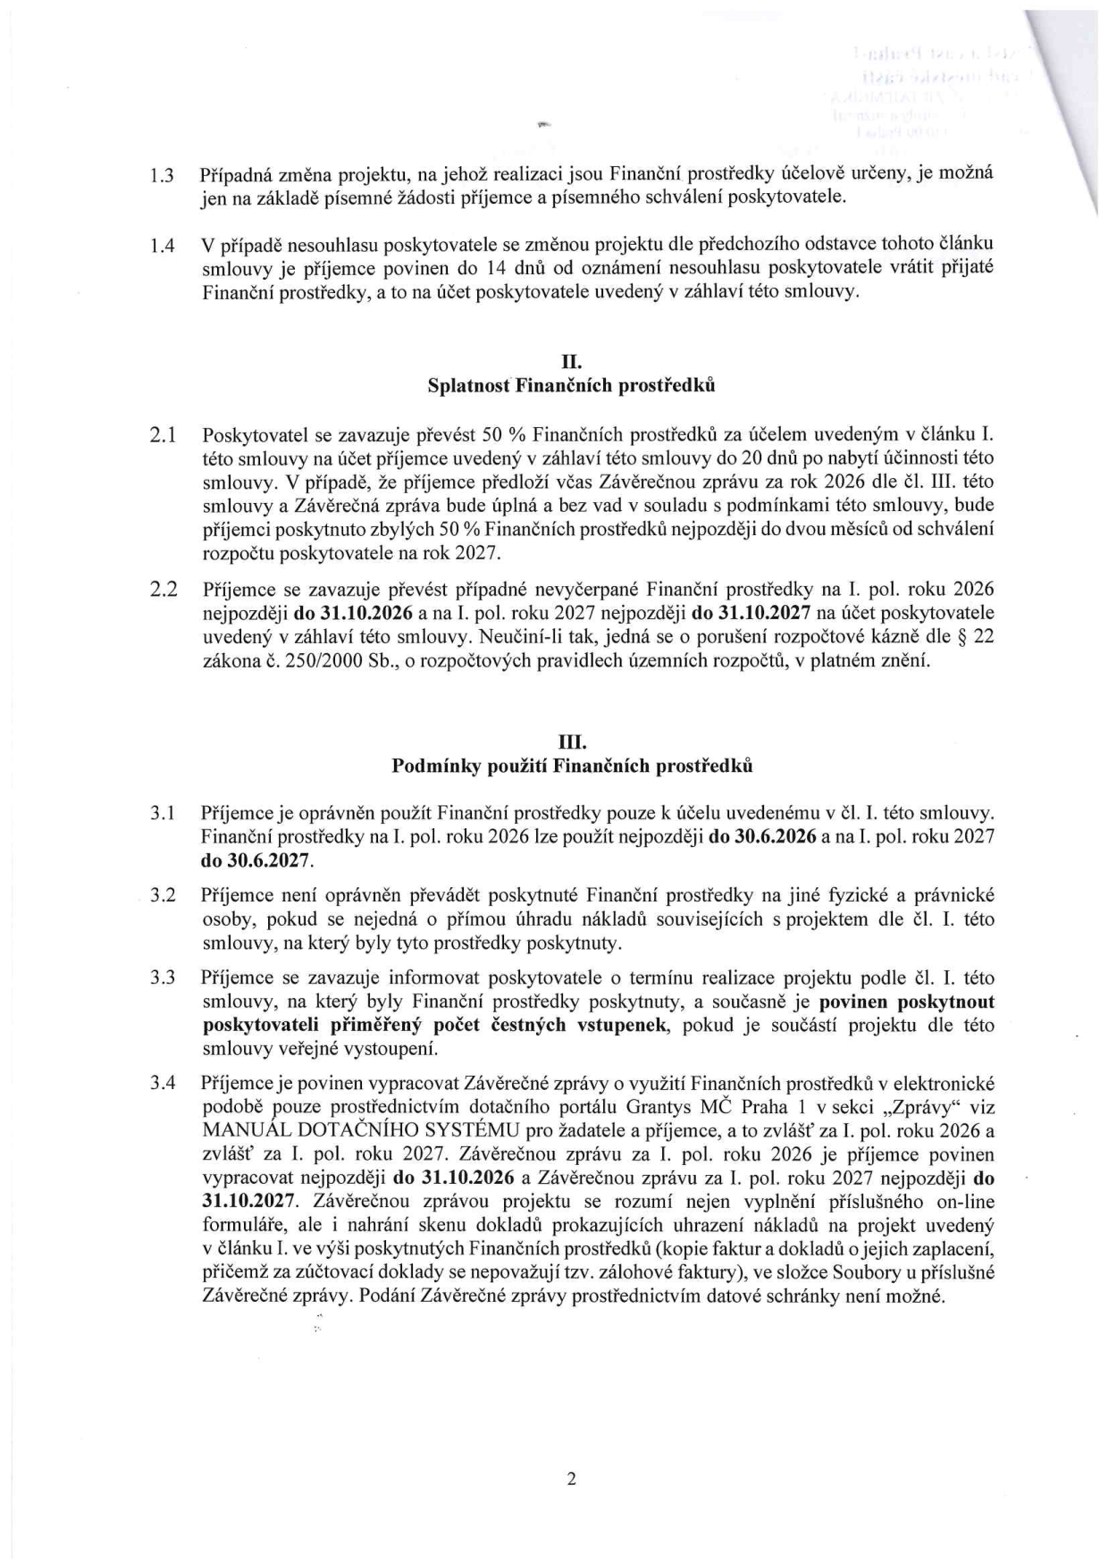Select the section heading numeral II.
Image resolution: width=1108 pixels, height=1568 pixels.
(x=571, y=363)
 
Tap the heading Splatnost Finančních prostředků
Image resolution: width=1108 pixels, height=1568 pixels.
(x=571, y=386)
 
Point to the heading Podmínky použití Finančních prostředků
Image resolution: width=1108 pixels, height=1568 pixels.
(x=571, y=766)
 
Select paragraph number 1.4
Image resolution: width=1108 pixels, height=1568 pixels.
(x=162, y=245)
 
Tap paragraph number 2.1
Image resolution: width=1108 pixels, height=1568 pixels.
(x=162, y=436)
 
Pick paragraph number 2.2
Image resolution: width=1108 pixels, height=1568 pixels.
(x=162, y=590)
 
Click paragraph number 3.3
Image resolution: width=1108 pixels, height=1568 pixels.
(x=162, y=977)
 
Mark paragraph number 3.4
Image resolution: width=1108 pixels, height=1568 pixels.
(x=162, y=1084)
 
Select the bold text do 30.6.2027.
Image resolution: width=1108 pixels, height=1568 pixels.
(x=256, y=861)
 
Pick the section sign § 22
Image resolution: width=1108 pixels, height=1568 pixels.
(x=973, y=638)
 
